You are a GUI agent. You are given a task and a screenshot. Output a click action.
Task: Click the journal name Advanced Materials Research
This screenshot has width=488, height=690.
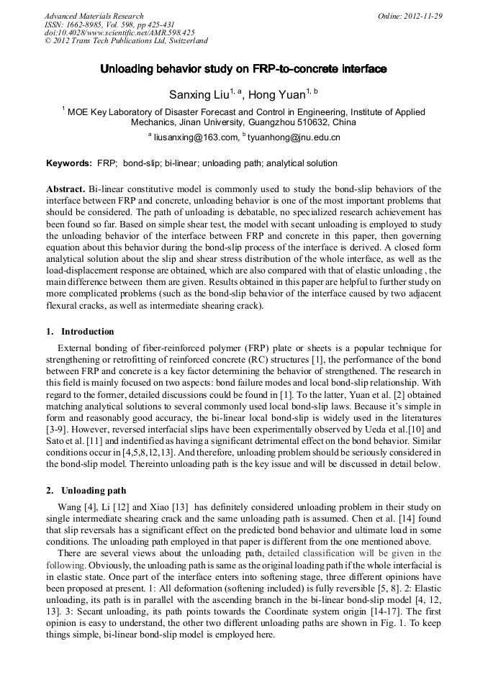click(94, 16)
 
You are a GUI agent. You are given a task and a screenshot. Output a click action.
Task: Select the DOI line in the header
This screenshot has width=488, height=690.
click(119, 32)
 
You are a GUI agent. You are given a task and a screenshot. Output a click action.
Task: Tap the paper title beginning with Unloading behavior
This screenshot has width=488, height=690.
click(243, 69)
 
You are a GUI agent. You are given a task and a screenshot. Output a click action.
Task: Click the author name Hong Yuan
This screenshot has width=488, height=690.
click(276, 94)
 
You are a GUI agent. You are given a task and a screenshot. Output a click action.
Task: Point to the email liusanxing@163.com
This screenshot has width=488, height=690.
click(195, 137)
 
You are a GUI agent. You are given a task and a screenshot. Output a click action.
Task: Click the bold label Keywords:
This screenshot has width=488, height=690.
click(68, 163)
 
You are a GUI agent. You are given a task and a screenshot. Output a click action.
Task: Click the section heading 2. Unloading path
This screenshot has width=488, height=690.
click(86, 491)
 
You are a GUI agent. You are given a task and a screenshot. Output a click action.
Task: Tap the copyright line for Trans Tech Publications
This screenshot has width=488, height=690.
click(126, 41)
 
